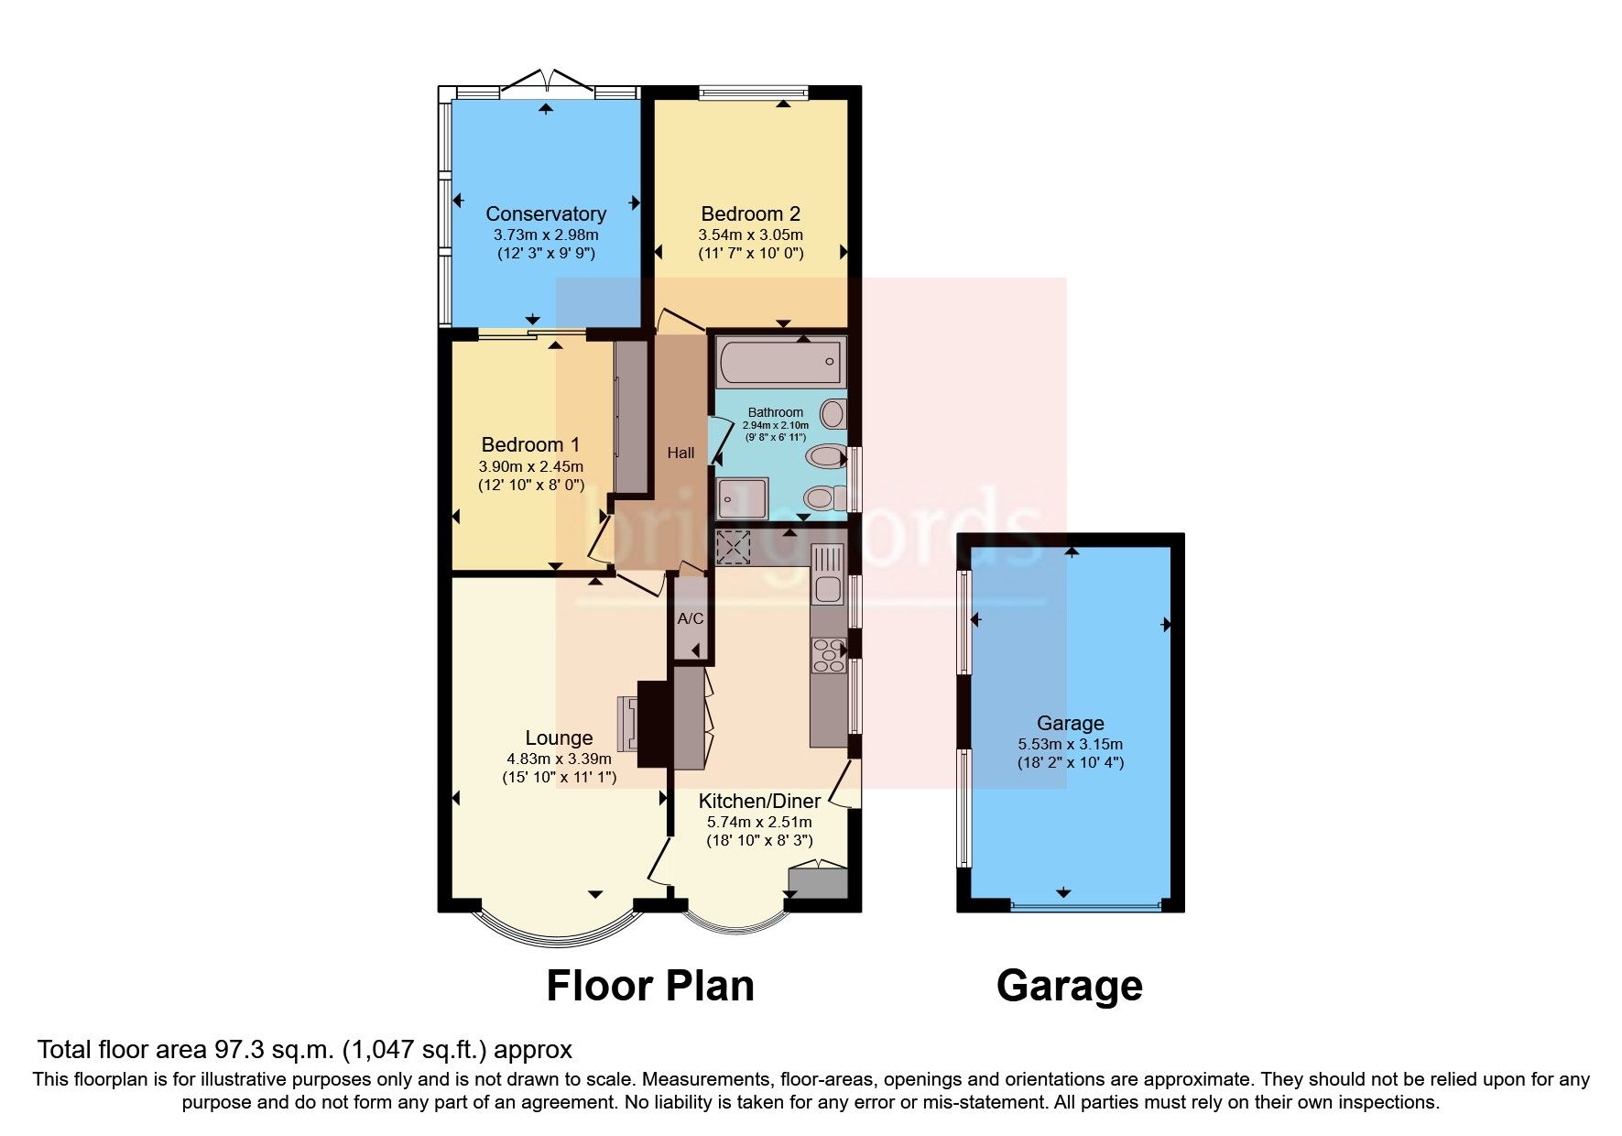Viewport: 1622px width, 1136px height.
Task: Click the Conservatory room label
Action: pos(546,213)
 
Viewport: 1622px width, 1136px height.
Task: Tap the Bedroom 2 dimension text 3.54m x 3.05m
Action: pos(750,235)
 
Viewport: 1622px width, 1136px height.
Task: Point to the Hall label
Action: pos(680,453)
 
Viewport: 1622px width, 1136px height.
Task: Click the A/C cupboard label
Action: pos(691,619)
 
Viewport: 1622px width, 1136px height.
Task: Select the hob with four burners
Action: pos(829,654)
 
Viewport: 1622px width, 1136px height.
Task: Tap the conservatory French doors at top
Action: pos(547,82)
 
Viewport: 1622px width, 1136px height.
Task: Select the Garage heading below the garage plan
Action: pos(1069,987)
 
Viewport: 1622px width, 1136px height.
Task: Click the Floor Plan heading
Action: pos(649,987)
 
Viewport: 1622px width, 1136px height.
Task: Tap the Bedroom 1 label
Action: pos(530,445)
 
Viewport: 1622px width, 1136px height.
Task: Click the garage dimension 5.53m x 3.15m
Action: pos(1070,745)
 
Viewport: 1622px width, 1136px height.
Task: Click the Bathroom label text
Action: pos(775,413)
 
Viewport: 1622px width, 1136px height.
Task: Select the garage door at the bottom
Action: pos(1085,906)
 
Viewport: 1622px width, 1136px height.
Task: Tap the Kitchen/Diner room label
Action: pos(759,802)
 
